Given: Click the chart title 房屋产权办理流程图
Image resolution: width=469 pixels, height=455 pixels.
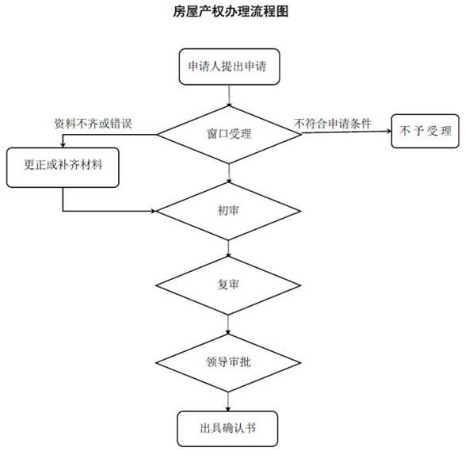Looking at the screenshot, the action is tap(231, 12).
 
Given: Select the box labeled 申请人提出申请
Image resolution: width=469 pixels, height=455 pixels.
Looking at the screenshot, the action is tap(229, 67).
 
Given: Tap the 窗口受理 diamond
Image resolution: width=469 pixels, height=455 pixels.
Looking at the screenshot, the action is tap(229, 135).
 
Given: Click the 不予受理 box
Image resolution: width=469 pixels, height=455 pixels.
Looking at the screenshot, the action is tap(425, 131).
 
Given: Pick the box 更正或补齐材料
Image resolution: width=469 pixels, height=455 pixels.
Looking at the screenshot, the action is tap(63, 167).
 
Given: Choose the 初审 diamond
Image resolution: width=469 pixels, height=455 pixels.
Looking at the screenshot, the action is tap(228, 211).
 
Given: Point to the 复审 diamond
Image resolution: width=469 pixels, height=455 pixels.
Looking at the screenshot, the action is tap(228, 285).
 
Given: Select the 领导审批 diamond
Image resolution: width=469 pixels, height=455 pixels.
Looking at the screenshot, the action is tap(228, 363).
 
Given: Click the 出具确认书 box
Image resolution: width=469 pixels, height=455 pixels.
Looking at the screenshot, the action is tap(227, 429).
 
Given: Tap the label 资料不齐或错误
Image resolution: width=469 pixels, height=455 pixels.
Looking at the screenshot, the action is tap(93, 124).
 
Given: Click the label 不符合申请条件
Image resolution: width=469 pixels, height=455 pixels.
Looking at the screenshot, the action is tap(333, 124).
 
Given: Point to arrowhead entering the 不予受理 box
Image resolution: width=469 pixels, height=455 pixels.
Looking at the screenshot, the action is tap(389, 131).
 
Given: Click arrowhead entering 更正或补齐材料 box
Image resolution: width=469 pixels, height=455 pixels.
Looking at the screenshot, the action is tap(63, 145).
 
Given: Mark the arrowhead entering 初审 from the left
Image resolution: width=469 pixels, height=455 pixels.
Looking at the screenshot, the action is tap(153, 211).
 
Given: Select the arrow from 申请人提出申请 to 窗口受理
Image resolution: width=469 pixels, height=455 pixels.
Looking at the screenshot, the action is tap(229, 95).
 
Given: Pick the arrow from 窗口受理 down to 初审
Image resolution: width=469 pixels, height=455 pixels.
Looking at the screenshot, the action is tap(229, 174).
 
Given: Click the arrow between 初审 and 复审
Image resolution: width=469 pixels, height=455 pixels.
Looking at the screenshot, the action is tap(228, 248).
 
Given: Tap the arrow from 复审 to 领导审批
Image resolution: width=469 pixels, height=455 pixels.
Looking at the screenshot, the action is tap(228, 324).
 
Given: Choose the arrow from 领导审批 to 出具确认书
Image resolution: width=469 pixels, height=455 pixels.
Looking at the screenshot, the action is tap(228, 401).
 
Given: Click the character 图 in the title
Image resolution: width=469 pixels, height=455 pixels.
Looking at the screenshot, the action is tap(282, 12).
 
